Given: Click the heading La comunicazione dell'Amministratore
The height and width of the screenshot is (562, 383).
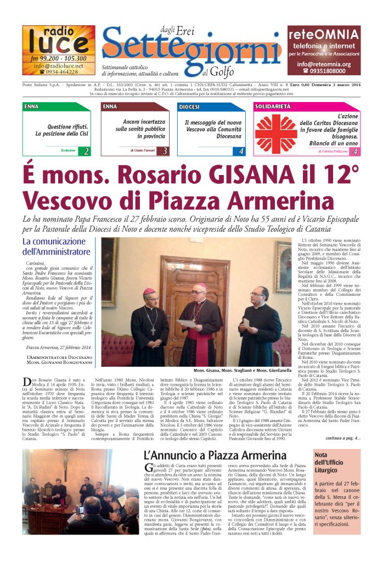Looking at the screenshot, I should click(56, 247).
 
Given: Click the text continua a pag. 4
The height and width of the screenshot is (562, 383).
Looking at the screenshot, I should click(343, 438).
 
